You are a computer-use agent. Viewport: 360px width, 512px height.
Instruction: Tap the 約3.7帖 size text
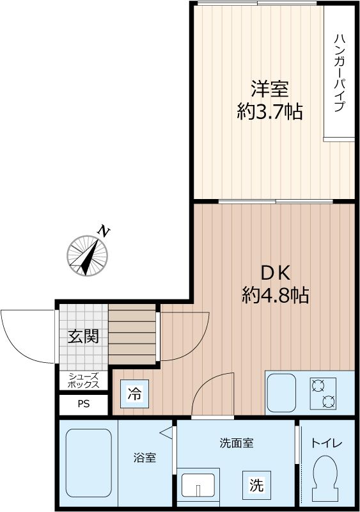click(269, 113)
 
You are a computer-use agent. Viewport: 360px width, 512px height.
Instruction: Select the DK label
click(275, 273)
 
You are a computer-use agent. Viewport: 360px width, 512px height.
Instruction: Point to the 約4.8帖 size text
click(275, 296)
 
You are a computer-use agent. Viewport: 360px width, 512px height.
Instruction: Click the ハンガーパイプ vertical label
click(339, 72)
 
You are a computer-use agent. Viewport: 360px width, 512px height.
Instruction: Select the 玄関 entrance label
click(83, 336)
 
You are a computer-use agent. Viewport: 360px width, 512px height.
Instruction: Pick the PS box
click(84, 404)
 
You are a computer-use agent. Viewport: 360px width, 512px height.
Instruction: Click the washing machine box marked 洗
click(256, 485)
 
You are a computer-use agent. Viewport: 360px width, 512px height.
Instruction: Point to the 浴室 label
click(144, 458)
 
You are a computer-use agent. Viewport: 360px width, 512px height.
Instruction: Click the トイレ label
click(327, 443)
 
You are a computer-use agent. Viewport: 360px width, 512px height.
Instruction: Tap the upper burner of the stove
click(320, 385)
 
